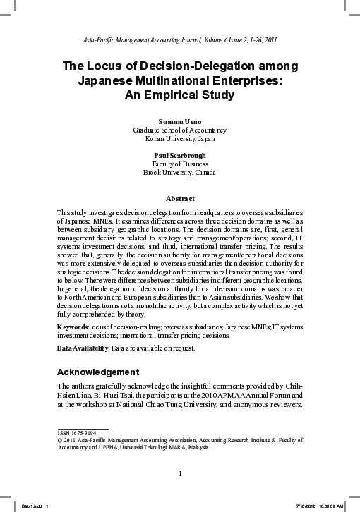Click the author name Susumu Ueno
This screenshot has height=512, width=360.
pos(180,121)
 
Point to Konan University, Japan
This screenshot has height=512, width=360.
pos(180,139)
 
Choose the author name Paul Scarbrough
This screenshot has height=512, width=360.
pos(180,155)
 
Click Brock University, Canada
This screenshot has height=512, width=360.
pos(180,173)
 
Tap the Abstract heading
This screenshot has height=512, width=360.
pos(180,199)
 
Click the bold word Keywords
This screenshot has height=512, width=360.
pos(73,328)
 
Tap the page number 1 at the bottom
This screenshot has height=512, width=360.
pos(181,473)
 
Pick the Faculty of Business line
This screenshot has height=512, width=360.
pos(180,164)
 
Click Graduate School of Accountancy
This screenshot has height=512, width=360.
pos(180,130)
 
